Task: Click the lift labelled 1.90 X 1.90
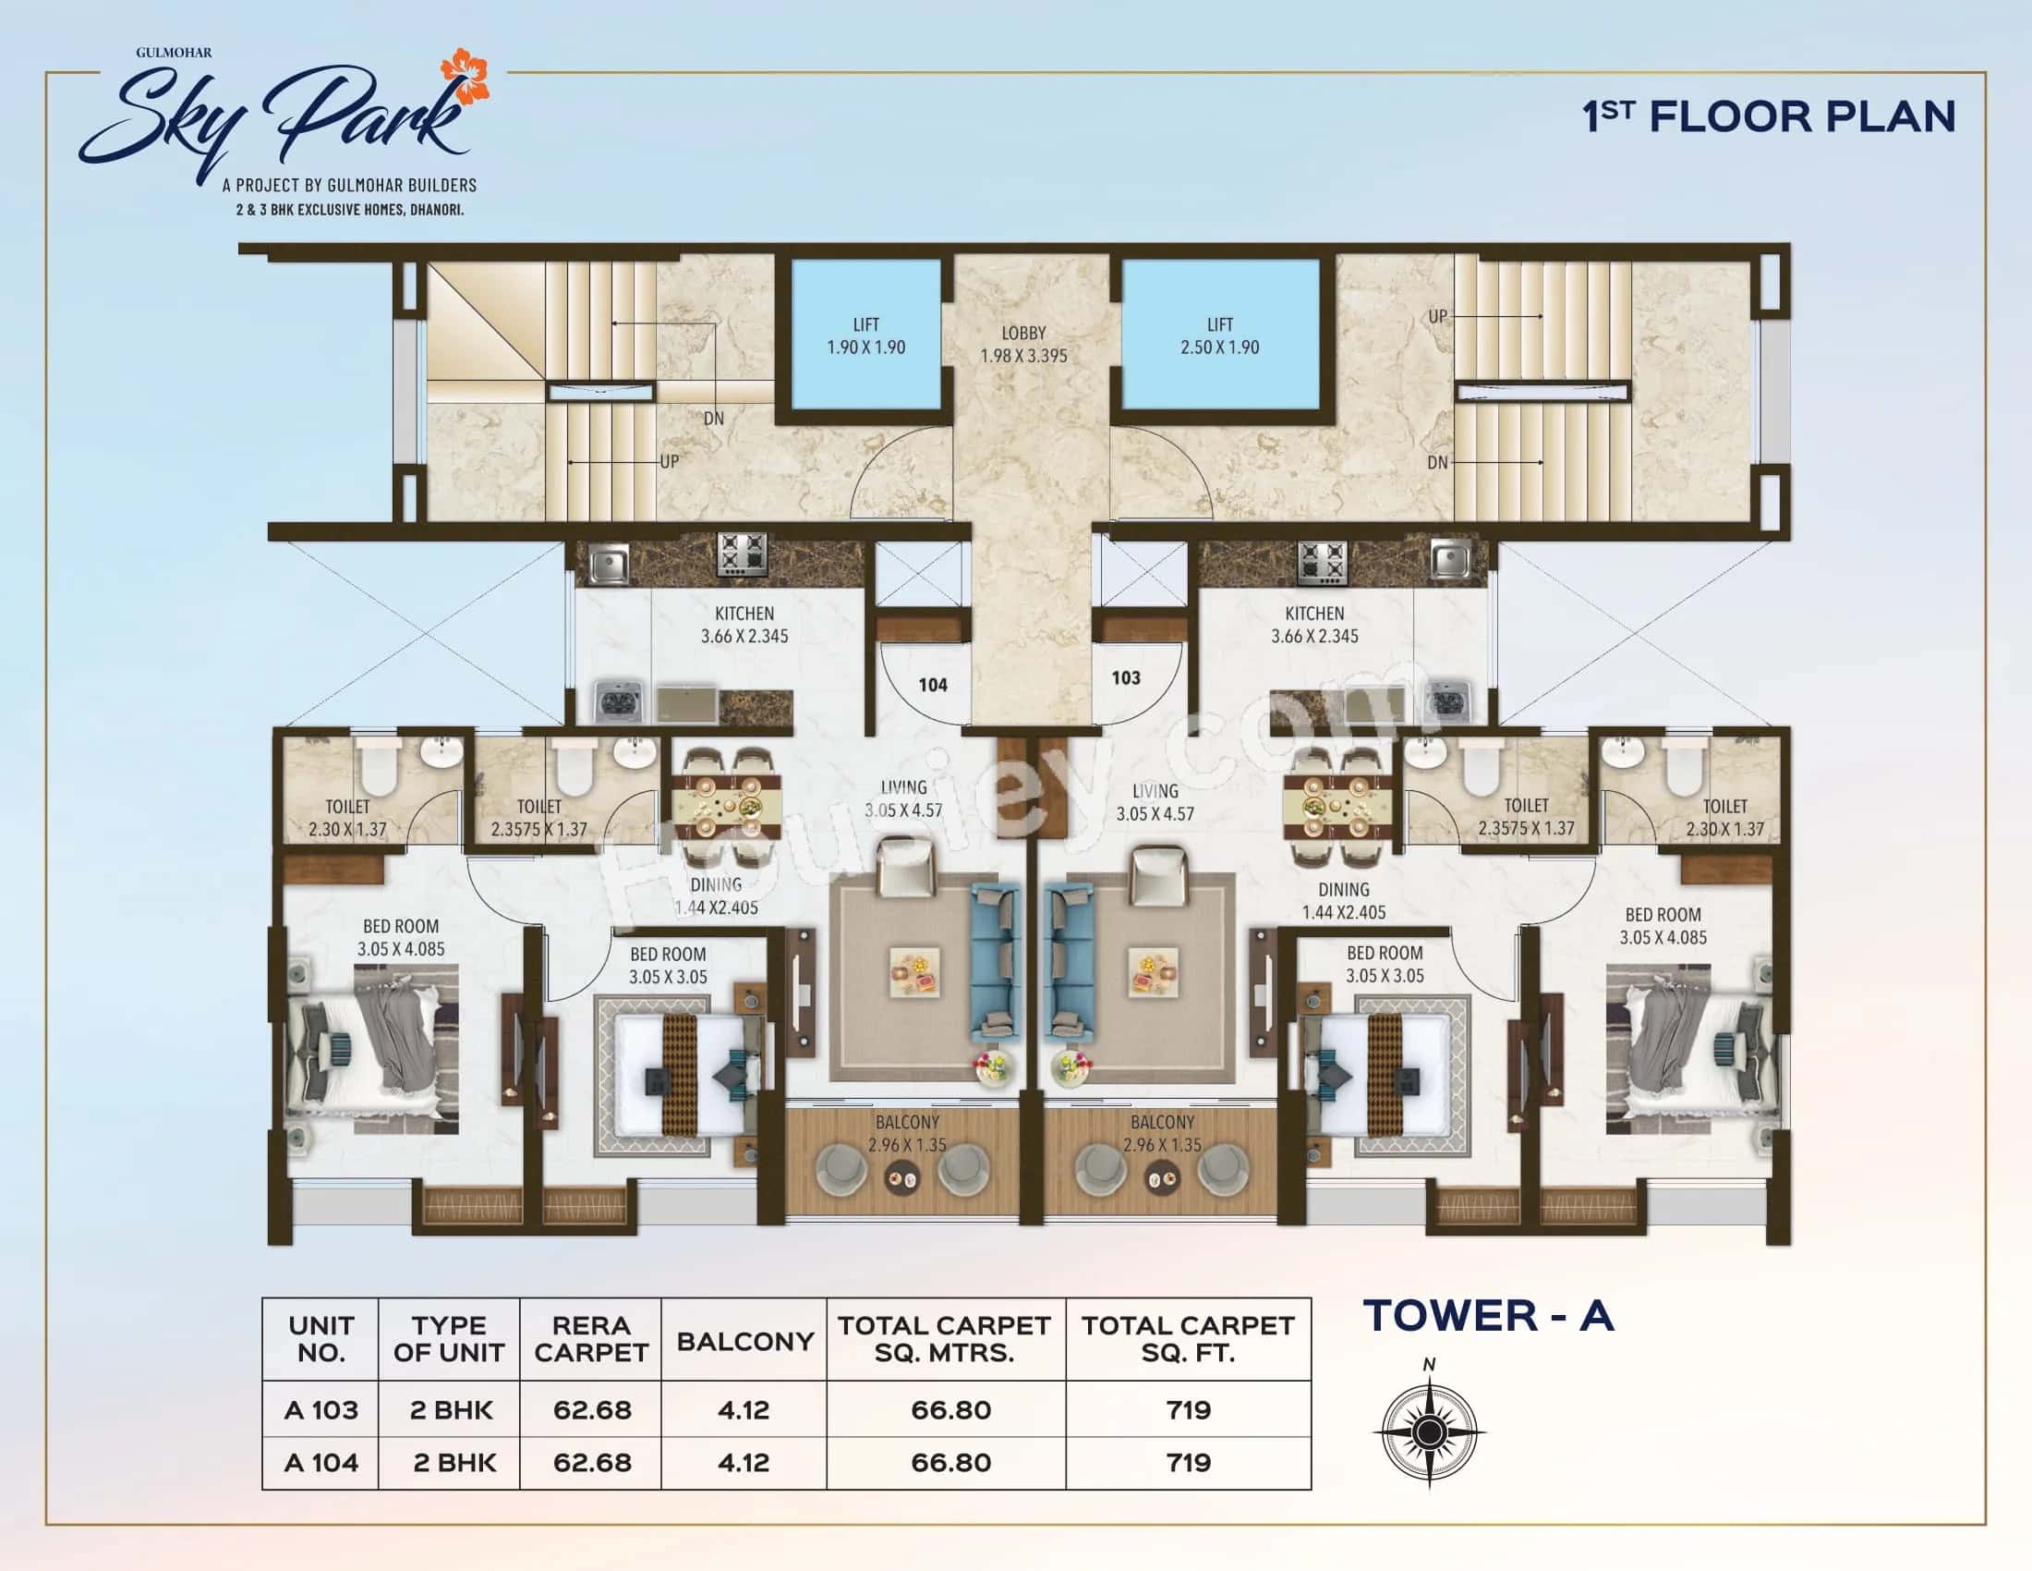click(x=865, y=336)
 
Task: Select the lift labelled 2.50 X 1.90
click(x=1219, y=336)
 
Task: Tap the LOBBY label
click(x=1023, y=334)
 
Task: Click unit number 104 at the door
click(x=932, y=686)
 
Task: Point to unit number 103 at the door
click(x=1126, y=677)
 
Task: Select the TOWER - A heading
click(x=1489, y=1316)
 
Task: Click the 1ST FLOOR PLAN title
click(x=1769, y=117)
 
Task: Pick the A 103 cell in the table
click(x=321, y=1410)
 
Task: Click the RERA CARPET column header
click(x=591, y=1339)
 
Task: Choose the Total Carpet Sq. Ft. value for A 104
click(x=1188, y=1462)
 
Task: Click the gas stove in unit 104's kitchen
click(x=742, y=554)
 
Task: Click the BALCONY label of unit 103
click(x=1162, y=1123)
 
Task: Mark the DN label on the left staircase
click(x=714, y=419)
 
